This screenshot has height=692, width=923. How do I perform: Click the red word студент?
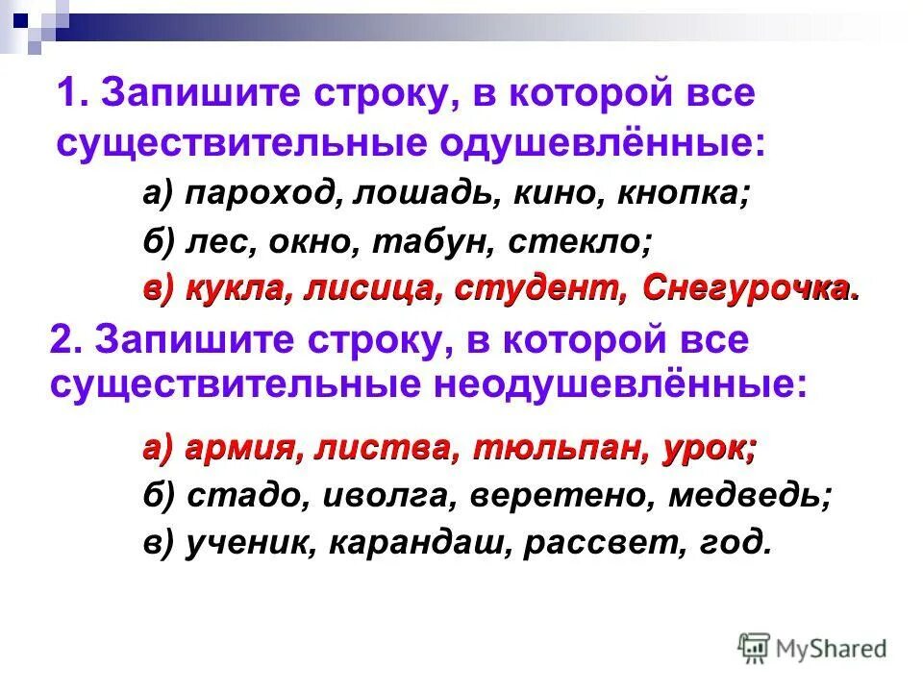point(532,287)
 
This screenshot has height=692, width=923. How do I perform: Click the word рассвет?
point(601,543)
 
